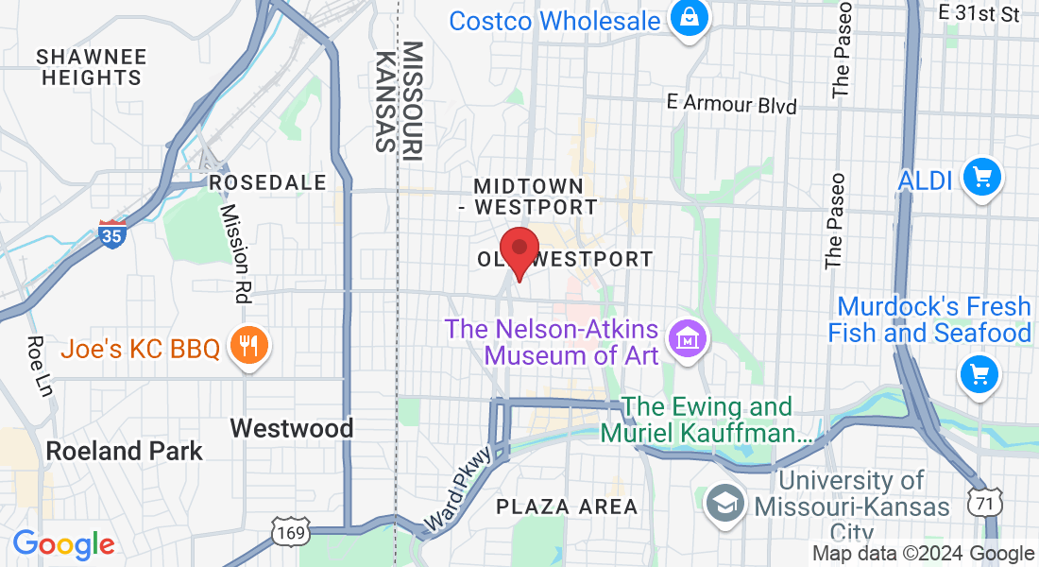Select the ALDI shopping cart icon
point(981,177)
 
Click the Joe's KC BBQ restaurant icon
point(249,346)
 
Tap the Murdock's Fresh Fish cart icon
point(979,374)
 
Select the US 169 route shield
point(288,533)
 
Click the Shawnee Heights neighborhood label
point(92,67)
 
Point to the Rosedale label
point(267,181)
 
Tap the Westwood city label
point(292,428)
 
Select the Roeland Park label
point(125,451)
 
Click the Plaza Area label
point(567,507)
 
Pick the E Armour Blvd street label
point(731,104)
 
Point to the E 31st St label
point(979,12)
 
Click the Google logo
point(63,545)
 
